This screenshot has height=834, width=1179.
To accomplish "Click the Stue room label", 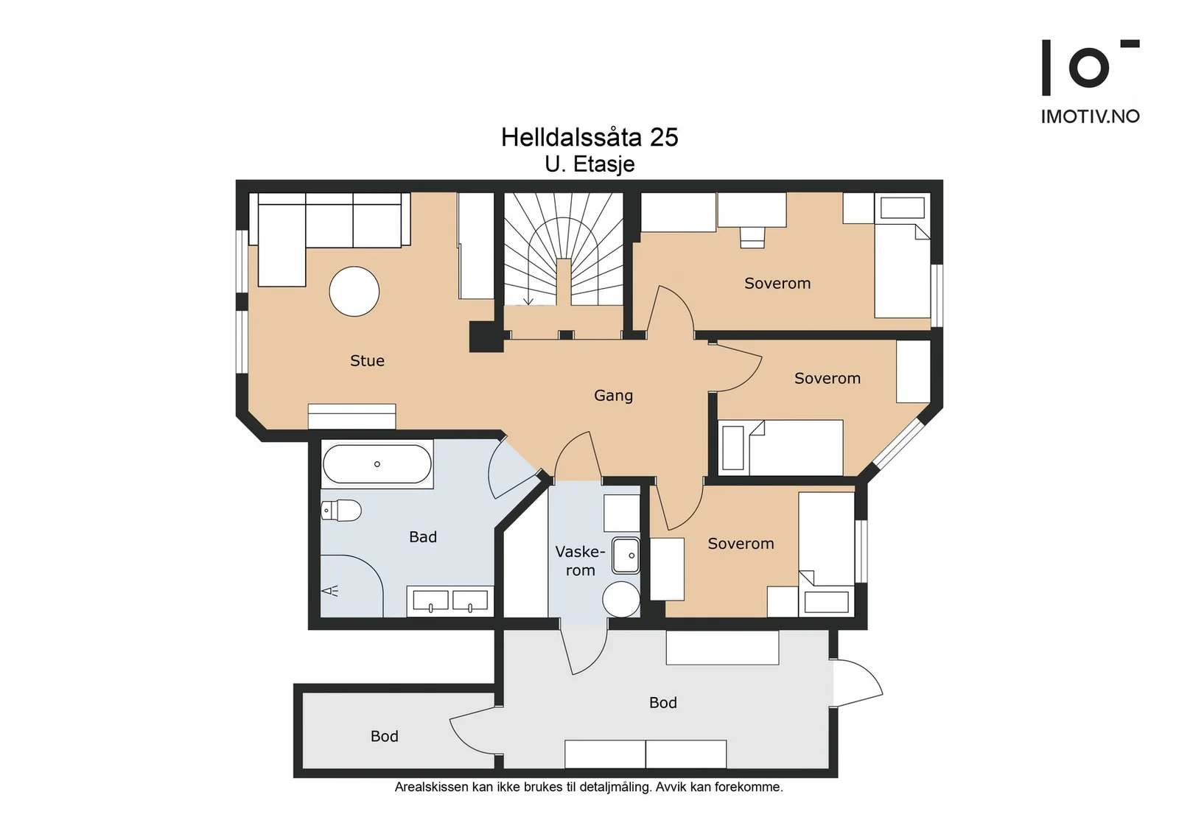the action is tap(367, 360).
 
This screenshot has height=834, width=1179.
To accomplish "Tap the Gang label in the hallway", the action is tap(613, 395).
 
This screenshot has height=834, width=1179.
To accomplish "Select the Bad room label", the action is tap(423, 536).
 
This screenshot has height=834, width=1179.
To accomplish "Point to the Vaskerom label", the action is tap(580, 561).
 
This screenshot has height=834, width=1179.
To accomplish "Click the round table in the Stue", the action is tap(354, 292).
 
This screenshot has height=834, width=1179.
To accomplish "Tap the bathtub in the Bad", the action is tap(377, 464).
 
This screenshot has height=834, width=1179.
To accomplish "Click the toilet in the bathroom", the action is tap(340, 511).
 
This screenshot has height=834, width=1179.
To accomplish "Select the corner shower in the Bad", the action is tap(351, 586).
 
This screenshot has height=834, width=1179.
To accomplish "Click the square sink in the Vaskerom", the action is tap(626, 555).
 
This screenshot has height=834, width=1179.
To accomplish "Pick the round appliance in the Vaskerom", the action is tap(621, 599).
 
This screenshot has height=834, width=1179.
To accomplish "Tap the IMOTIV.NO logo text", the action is tap(1090, 116).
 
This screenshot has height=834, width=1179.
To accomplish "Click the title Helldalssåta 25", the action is tap(589, 137).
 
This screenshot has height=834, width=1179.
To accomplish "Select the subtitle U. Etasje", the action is tap(589, 165).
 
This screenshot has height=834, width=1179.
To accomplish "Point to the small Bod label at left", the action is tap(384, 736).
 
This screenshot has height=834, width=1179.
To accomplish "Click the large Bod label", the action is tap(662, 702).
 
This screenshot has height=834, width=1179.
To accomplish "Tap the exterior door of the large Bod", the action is tap(858, 682).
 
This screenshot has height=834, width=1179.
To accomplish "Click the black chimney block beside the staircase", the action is tap(486, 337).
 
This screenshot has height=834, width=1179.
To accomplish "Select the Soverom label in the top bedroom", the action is tap(777, 283).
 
